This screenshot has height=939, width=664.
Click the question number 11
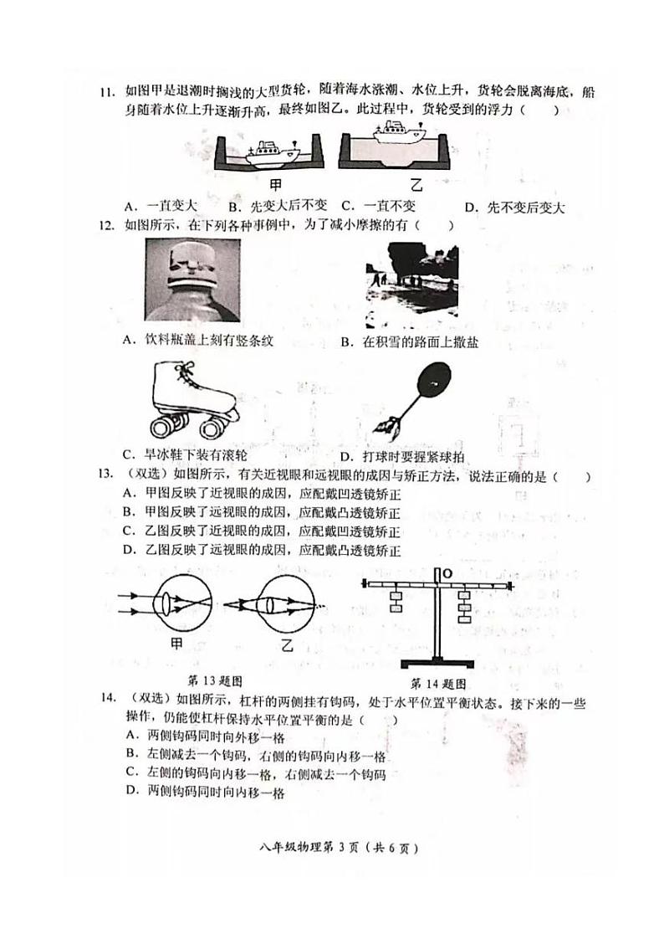pyautogui.click(x=106, y=91)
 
